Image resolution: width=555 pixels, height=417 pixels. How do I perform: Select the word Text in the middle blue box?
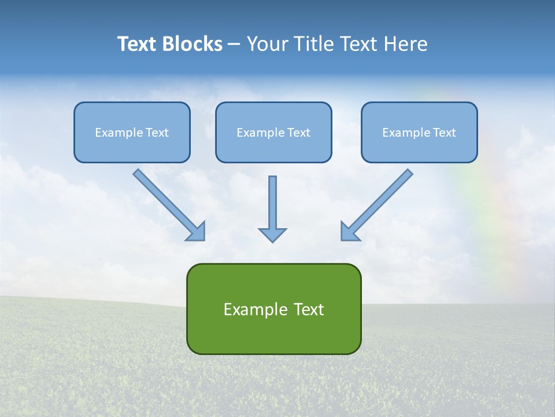(x=299, y=133)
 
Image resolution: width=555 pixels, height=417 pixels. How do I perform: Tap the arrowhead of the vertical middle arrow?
(x=272, y=235)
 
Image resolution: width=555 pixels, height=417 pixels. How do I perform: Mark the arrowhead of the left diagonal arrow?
(x=197, y=232)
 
